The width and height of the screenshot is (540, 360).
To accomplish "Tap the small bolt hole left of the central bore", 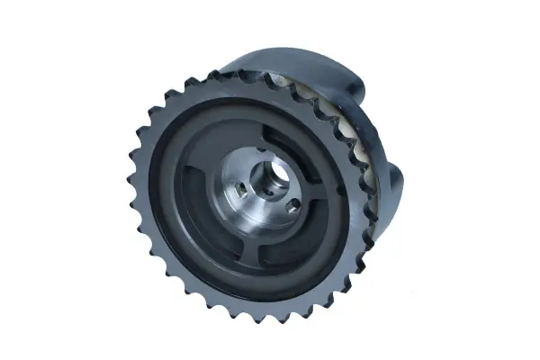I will click(x=241, y=190).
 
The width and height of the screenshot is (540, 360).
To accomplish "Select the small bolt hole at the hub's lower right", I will click(x=292, y=206).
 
